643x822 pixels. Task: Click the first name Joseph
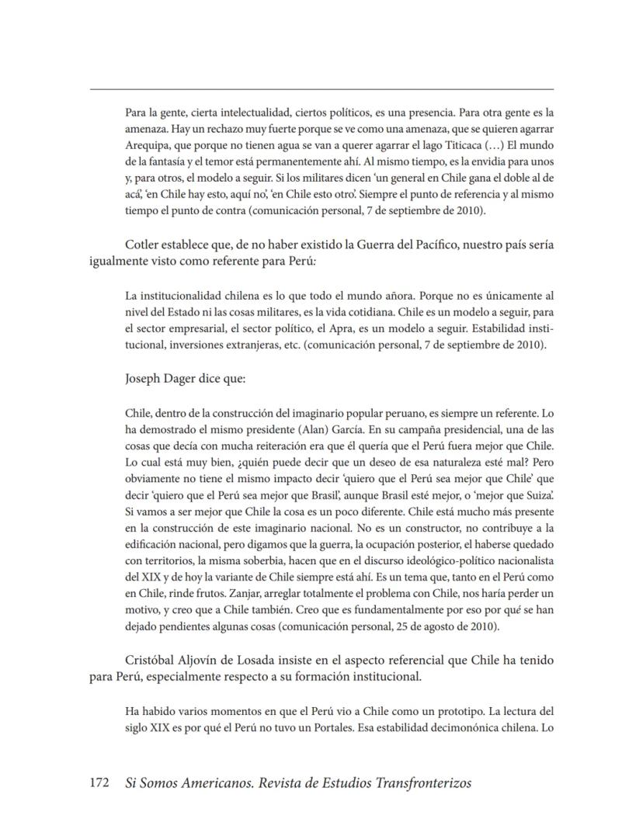pos(144,380)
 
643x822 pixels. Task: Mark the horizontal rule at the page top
pos(321,89)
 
